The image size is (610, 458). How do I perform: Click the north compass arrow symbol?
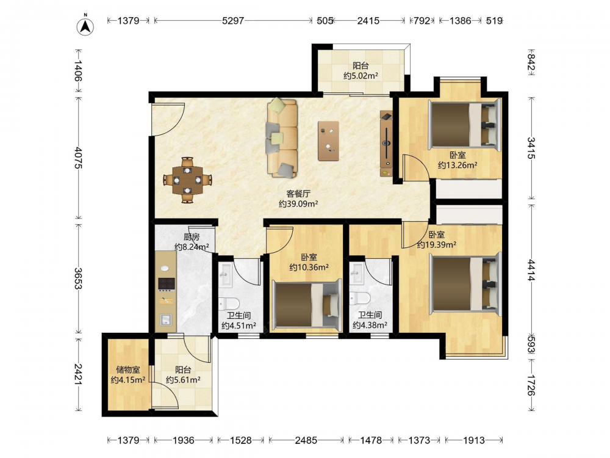(85, 26)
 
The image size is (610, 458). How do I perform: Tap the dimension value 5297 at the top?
(232, 20)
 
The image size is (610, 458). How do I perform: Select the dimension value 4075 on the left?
(78, 158)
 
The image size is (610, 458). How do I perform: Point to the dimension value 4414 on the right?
(531, 271)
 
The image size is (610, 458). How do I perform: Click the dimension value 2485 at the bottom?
(306, 440)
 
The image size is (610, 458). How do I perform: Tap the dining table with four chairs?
(187, 180)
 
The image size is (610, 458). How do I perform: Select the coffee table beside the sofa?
(328, 141)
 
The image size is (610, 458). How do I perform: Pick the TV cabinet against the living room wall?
(386, 144)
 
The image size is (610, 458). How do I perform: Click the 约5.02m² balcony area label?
(361, 76)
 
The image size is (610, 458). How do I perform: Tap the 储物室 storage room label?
(128, 369)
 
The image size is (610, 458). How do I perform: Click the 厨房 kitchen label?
(192, 237)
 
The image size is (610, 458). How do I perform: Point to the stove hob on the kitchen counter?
(166, 284)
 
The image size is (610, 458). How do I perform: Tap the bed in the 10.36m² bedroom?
(306, 305)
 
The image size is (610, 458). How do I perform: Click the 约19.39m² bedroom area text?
(437, 245)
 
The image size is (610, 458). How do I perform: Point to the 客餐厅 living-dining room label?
(298, 194)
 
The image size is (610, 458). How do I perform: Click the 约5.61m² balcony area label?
(183, 380)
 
